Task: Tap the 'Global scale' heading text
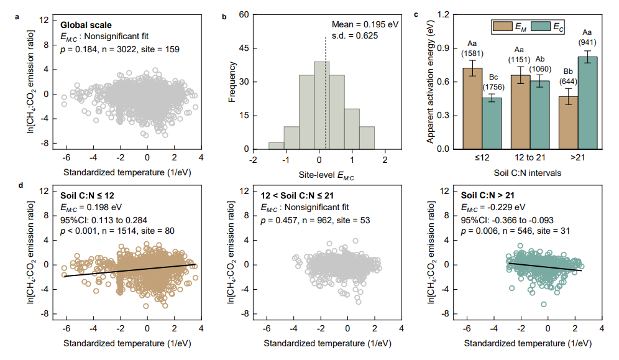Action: tap(86, 25)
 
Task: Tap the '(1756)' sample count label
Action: tap(492, 86)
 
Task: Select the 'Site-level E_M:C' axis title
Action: tap(321, 177)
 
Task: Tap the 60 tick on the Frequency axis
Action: tap(245, 14)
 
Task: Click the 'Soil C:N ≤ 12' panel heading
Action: tap(89, 196)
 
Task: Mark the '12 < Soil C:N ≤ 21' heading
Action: tap(298, 196)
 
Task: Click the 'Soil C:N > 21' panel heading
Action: tap(489, 196)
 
